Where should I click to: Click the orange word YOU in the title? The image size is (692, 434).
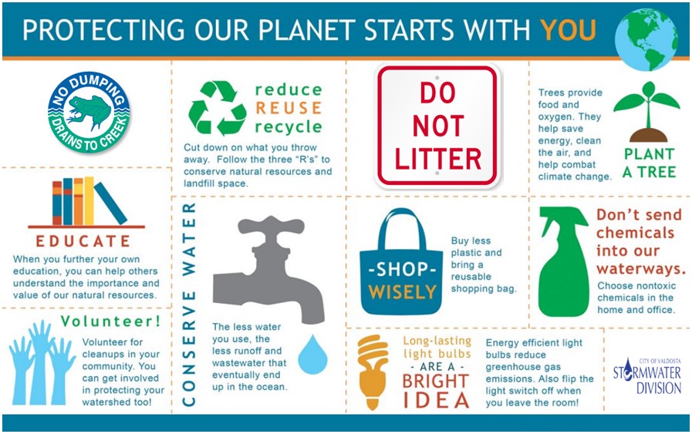[x=568, y=29]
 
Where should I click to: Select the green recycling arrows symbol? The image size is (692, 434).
[x=217, y=108]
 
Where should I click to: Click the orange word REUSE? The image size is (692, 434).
[x=289, y=108]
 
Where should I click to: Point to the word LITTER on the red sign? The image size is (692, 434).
[x=437, y=160]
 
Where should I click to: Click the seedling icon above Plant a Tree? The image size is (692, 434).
[x=647, y=112]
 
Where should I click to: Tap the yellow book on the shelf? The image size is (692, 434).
[x=89, y=200]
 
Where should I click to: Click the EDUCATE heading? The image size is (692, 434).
[x=83, y=241]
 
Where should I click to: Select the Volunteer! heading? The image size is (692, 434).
[x=110, y=321]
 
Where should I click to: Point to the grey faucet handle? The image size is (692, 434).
[x=271, y=225]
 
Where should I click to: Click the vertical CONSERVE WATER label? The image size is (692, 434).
[x=189, y=304]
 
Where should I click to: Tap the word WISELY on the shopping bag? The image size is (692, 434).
[x=402, y=292]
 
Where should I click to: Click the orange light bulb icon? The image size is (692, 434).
[x=373, y=372]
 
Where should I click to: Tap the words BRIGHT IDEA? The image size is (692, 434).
[x=436, y=391]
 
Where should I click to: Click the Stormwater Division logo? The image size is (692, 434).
[x=647, y=376]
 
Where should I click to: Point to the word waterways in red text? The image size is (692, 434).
[x=641, y=269]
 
